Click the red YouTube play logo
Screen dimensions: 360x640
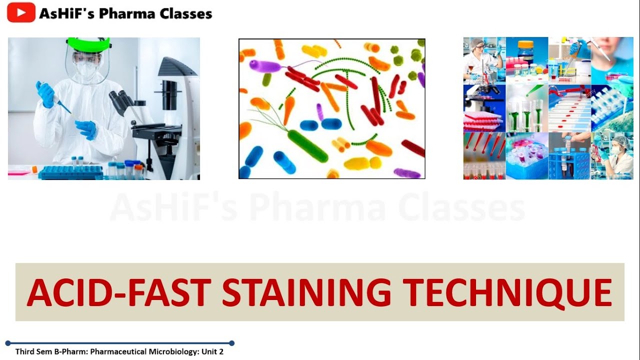pos(21,12)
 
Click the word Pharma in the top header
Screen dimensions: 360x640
pos(127,13)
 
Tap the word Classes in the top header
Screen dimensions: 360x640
pos(186,13)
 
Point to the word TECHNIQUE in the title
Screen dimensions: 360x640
pos(507,292)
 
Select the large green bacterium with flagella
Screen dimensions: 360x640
pos(307,145)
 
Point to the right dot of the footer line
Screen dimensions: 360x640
pos(231,343)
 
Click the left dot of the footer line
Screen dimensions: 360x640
pos(8,343)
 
